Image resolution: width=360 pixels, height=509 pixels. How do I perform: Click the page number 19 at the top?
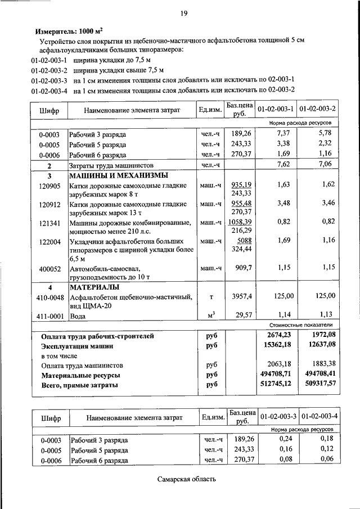(x=184, y=13)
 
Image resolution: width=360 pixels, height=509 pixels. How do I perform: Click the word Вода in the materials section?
(x=78, y=316)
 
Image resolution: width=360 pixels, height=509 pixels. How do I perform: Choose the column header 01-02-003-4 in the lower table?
(x=319, y=417)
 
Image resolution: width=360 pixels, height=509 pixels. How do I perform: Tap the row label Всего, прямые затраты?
(x=80, y=385)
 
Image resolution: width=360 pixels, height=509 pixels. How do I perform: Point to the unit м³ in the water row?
(x=212, y=315)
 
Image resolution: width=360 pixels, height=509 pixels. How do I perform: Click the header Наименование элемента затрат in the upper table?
(x=132, y=110)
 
